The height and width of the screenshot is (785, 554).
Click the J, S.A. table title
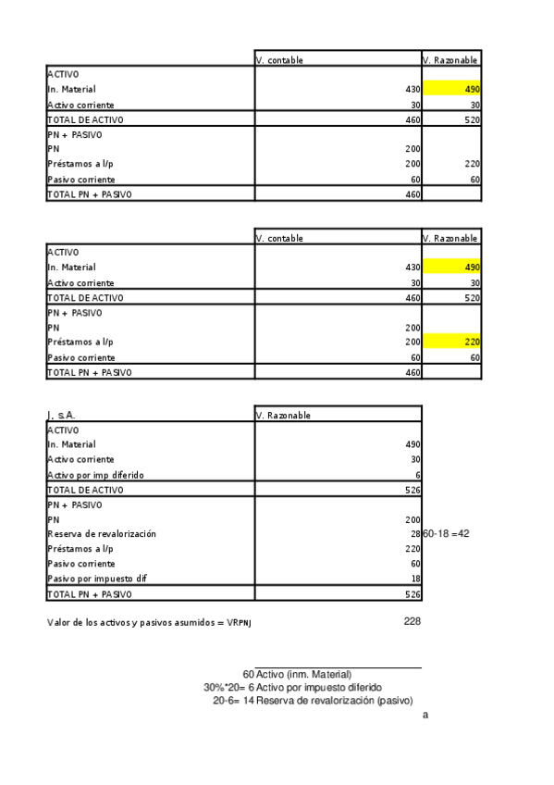pos(61,415)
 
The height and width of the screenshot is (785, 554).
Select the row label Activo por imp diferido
pos(95,475)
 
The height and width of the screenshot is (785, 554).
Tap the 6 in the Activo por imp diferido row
pos(418,475)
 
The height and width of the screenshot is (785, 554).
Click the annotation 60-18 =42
pos(447,534)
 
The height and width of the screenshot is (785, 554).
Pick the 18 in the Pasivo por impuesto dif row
pos(415,579)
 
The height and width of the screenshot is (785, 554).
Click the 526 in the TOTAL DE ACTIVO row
pos(412,490)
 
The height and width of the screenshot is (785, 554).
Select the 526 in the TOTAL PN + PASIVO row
pos(412,593)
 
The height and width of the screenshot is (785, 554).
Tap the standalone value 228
pos(412,621)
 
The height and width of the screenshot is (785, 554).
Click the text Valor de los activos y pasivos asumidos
pos(149,623)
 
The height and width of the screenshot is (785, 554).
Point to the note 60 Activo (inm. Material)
pos(297,674)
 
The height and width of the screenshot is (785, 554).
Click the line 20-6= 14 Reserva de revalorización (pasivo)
pos(313,700)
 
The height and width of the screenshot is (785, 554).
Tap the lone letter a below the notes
pos(425,715)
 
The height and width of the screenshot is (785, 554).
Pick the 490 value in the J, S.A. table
pos(412,444)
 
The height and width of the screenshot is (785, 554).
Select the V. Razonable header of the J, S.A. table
pos(283,416)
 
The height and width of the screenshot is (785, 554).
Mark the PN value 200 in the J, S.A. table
pos(412,519)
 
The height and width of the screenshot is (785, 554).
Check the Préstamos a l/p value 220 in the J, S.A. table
pos(412,549)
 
